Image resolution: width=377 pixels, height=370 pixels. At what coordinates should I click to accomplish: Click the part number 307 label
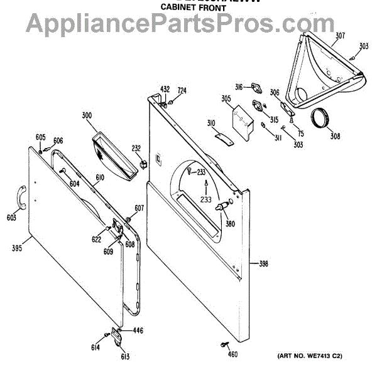(340, 35)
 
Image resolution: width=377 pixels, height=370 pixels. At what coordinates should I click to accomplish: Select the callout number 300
(87, 115)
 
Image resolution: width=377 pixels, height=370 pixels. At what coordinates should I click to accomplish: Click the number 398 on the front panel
(263, 264)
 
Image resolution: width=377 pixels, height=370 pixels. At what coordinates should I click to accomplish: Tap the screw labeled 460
(224, 344)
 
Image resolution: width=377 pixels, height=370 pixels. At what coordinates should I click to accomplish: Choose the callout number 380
(230, 224)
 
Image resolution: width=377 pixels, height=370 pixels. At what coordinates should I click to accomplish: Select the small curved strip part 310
(221, 135)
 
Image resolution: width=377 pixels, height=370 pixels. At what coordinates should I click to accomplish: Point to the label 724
(182, 91)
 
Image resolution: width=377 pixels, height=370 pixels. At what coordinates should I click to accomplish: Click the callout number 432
(165, 89)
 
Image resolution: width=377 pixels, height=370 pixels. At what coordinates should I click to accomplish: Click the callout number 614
(96, 347)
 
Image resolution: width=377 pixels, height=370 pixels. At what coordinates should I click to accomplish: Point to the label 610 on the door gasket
(99, 177)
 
